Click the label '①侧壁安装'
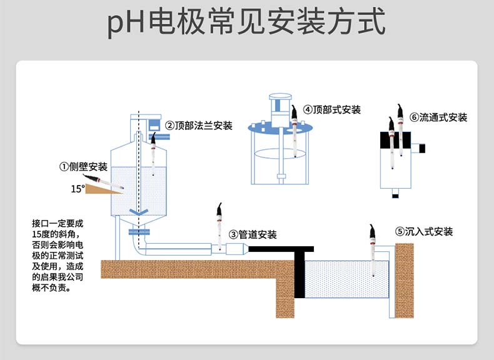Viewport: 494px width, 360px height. [83, 167]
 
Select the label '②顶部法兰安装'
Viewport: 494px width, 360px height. [198, 126]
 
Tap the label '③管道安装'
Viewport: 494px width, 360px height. [253, 234]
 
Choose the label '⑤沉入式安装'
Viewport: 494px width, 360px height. [423, 231]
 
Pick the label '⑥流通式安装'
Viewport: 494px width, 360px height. [438, 117]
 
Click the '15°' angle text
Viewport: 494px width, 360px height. [78, 188]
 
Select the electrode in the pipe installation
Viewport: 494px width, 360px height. [219, 228]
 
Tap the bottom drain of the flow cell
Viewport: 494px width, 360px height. [395, 194]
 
